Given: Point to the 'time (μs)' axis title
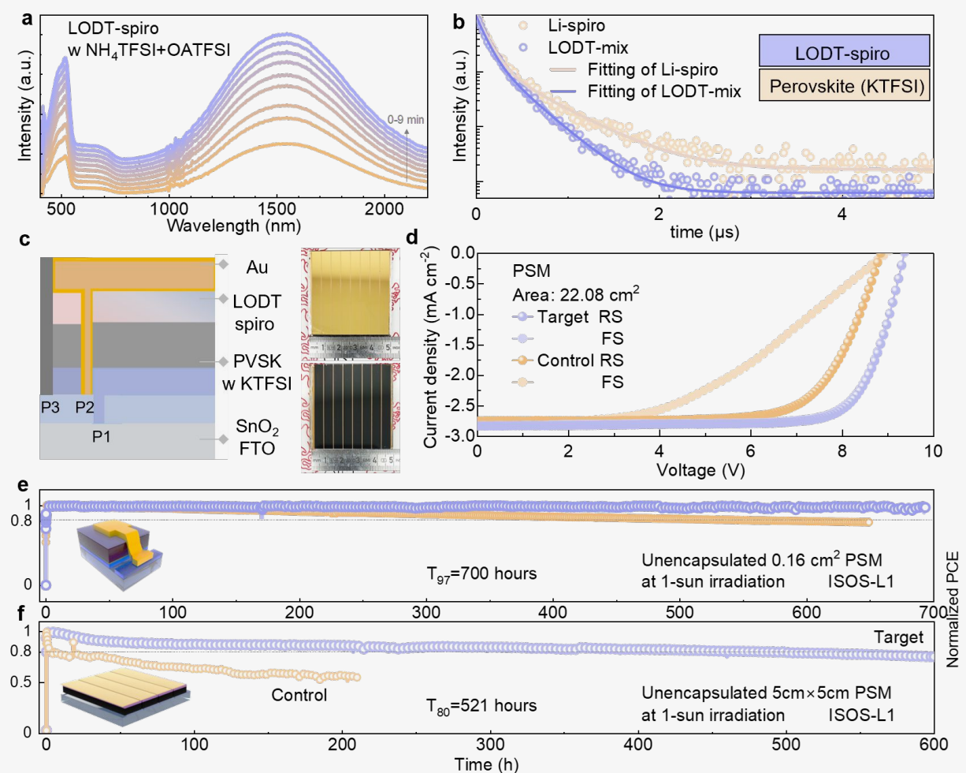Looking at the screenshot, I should (x=704, y=232).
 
